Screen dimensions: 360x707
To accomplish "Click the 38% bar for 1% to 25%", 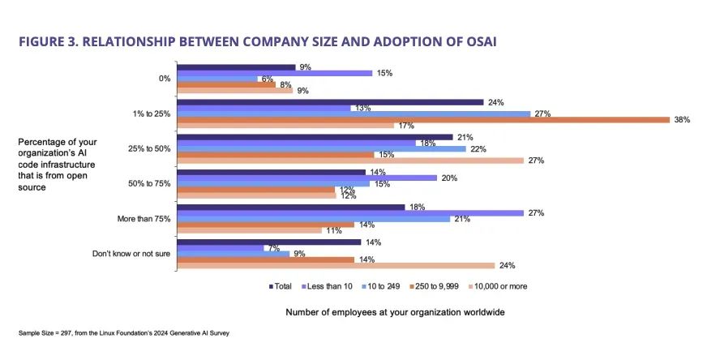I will [422, 119].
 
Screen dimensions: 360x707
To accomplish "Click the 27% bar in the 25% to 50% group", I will [350, 161].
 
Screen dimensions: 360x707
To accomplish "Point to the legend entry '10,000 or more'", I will [503, 285].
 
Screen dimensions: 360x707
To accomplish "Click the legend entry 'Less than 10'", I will [328, 285].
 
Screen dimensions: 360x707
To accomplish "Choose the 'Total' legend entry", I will [281, 285].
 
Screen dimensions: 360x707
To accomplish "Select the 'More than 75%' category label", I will [144, 218].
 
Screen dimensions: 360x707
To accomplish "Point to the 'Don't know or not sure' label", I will [131, 253].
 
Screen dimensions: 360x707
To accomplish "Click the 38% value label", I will [683, 119].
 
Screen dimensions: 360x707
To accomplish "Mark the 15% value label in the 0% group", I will [384, 73].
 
